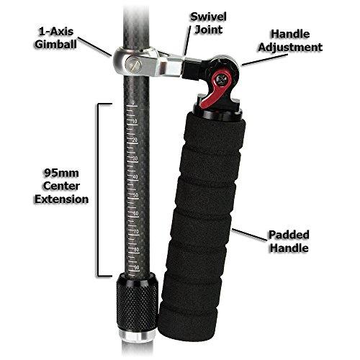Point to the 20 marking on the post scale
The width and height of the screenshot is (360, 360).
[x=135, y=140]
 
